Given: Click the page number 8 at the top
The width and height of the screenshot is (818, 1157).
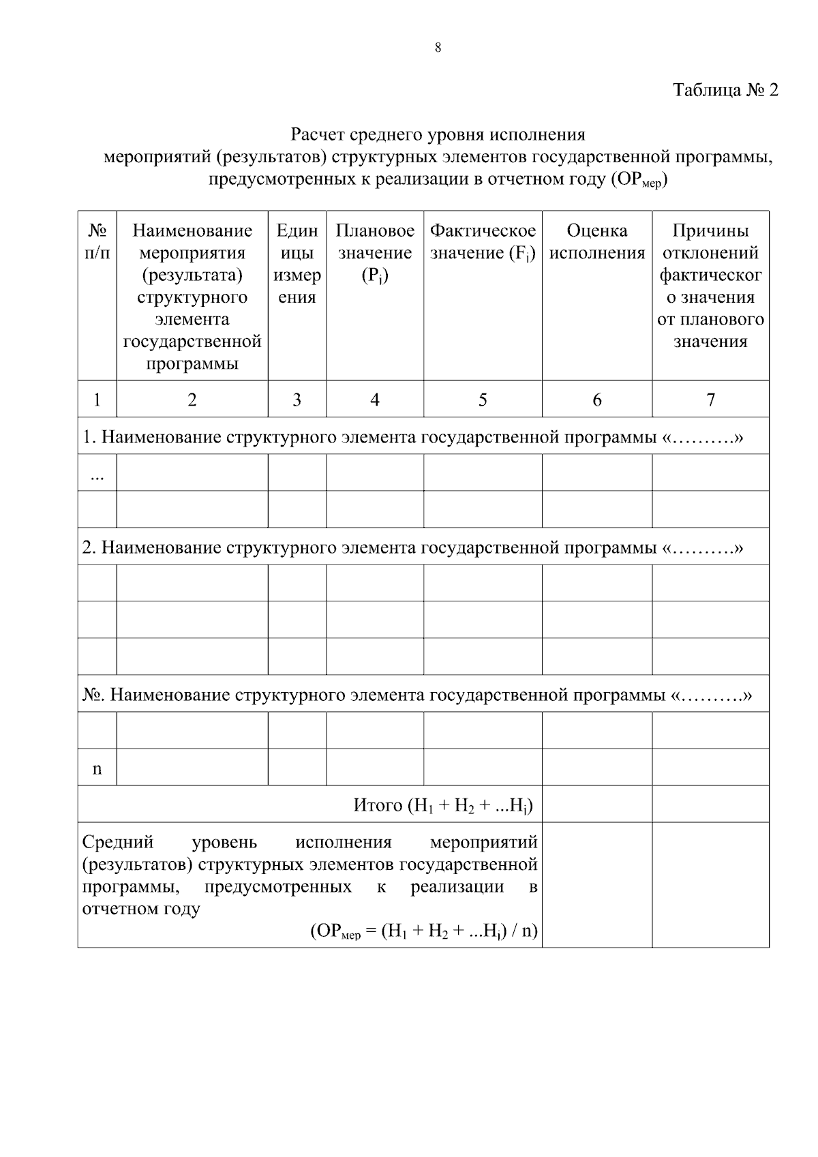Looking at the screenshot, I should pos(438,47).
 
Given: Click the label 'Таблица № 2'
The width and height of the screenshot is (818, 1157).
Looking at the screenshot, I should pos(725,90).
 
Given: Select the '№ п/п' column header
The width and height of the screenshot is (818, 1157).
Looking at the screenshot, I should pos(97,242).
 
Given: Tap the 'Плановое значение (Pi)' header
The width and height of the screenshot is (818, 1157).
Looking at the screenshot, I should pos(374,253).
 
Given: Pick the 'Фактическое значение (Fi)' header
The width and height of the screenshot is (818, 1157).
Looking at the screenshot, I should pos(483,242).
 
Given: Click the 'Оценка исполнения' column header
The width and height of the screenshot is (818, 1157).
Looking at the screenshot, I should pos(596,242).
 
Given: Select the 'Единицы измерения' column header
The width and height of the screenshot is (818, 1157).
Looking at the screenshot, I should pos(297,264).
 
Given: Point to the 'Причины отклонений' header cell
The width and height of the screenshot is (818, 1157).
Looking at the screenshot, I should pos(710,286).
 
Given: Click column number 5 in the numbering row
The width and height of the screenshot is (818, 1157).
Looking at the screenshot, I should pos(483,400).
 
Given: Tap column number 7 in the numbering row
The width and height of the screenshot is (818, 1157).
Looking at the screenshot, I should pos(710,400).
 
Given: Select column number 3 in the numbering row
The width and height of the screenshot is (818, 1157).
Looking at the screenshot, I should pos(297,400).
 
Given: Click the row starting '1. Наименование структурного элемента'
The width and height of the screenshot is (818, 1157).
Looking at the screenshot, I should pos(412,437).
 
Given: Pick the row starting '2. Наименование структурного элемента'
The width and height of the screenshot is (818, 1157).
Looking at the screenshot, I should pos(412,547).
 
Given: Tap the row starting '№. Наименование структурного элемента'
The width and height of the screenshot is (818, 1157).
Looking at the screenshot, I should pos(416,695).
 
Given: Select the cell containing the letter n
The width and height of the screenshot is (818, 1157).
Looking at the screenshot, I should pos(97,769).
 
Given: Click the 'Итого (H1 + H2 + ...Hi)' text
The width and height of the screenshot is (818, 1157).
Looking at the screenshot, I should pos(442,806).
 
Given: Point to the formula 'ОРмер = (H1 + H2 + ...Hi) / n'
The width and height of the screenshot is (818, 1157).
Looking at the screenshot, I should pos(424,931).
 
